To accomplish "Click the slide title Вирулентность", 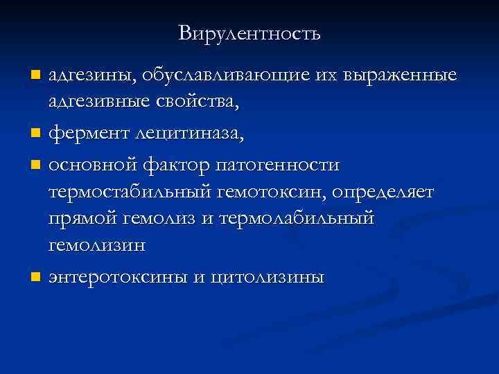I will point(249,33).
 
